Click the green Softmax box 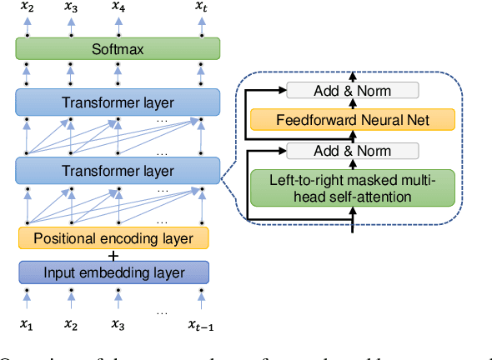click(117, 49)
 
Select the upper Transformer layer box click(117, 102)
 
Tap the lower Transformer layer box click(117, 171)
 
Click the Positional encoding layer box click(113, 238)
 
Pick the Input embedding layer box click(113, 272)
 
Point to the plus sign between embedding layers click(113, 255)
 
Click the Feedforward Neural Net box click(354, 121)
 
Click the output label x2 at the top click(28, 7)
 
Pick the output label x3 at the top click(72, 7)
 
